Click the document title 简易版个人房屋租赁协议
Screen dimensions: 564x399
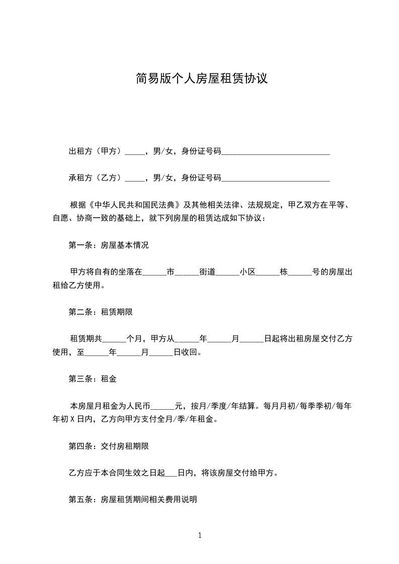[199, 79]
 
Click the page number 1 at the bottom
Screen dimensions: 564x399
[200, 535]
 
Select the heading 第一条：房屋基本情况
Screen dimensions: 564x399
[109, 246]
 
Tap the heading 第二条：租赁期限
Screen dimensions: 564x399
[101, 312]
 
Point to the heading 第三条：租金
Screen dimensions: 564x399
[93, 379]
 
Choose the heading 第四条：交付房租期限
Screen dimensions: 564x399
[109, 446]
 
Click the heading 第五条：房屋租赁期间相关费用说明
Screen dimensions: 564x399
[133, 500]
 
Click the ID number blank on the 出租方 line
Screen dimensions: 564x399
[276, 151]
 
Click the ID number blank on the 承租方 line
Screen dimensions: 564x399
[276, 177]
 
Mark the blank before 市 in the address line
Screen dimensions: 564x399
[154, 272]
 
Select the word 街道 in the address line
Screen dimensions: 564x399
[207, 272]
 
